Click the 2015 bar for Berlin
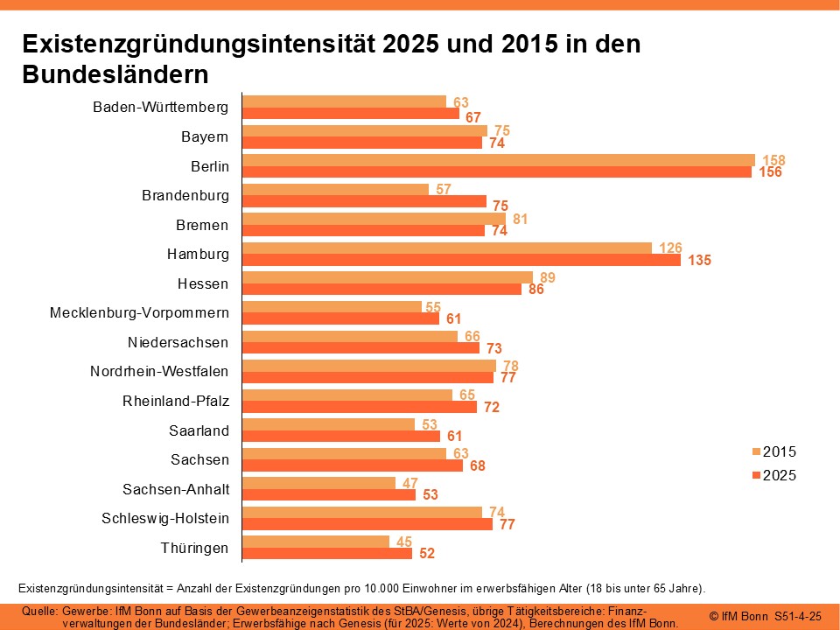click(x=498, y=160)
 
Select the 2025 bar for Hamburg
click(x=461, y=260)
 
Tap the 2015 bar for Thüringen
click(x=316, y=542)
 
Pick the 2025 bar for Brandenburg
click(x=364, y=201)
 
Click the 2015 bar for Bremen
click(x=374, y=219)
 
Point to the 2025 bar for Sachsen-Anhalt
click(x=329, y=494)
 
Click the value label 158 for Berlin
click(x=773, y=160)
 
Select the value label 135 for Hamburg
click(x=699, y=260)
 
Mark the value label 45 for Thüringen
click(x=403, y=542)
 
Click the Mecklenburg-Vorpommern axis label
click(x=139, y=312)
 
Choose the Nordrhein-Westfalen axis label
click(x=159, y=371)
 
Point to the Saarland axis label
click(x=199, y=430)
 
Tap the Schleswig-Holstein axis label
click(x=165, y=518)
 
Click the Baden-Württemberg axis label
click(x=160, y=108)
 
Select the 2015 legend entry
click(x=774, y=452)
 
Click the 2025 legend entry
click(x=774, y=476)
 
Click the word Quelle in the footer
click(x=38, y=610)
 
